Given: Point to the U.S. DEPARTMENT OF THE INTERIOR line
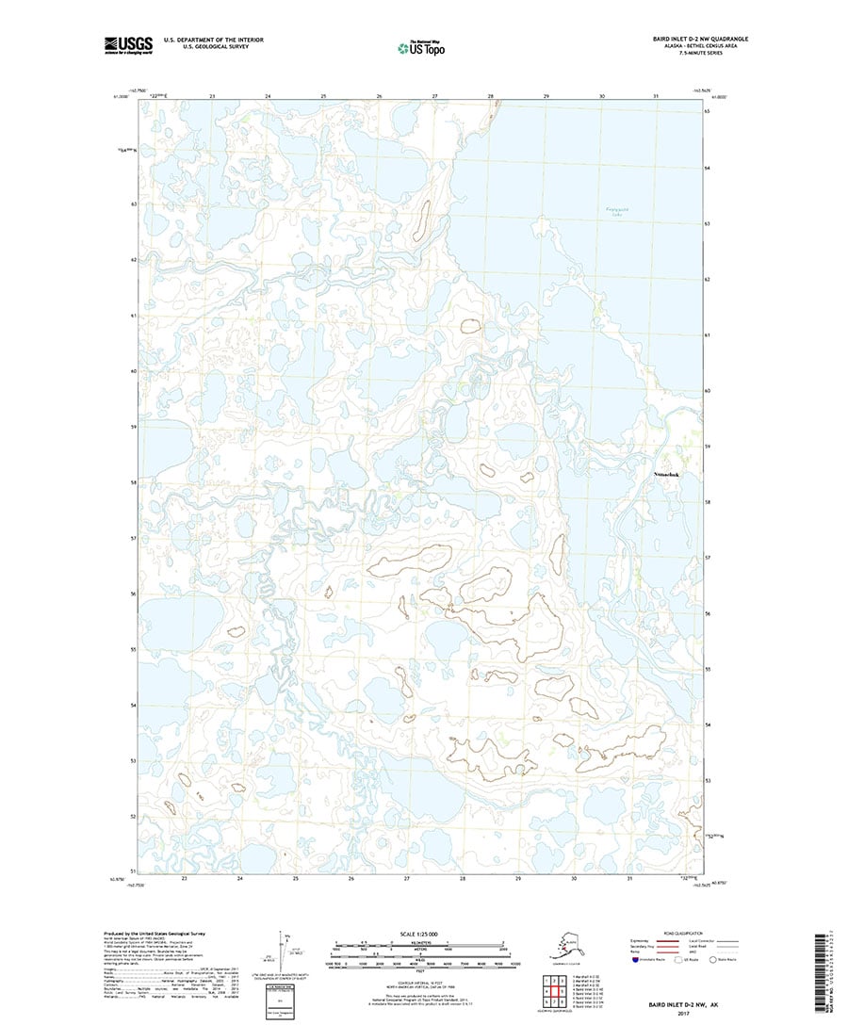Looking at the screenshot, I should tap(214, 39).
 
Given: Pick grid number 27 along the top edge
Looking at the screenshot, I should tap(434, 96).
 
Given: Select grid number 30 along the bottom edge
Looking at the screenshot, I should tap(574, 878).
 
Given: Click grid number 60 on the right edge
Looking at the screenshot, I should tap(708, 390).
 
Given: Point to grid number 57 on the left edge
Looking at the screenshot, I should tap(135, 539).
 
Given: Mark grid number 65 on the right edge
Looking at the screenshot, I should tap(708, 111).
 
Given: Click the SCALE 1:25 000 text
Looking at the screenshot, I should tap(423, 935).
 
